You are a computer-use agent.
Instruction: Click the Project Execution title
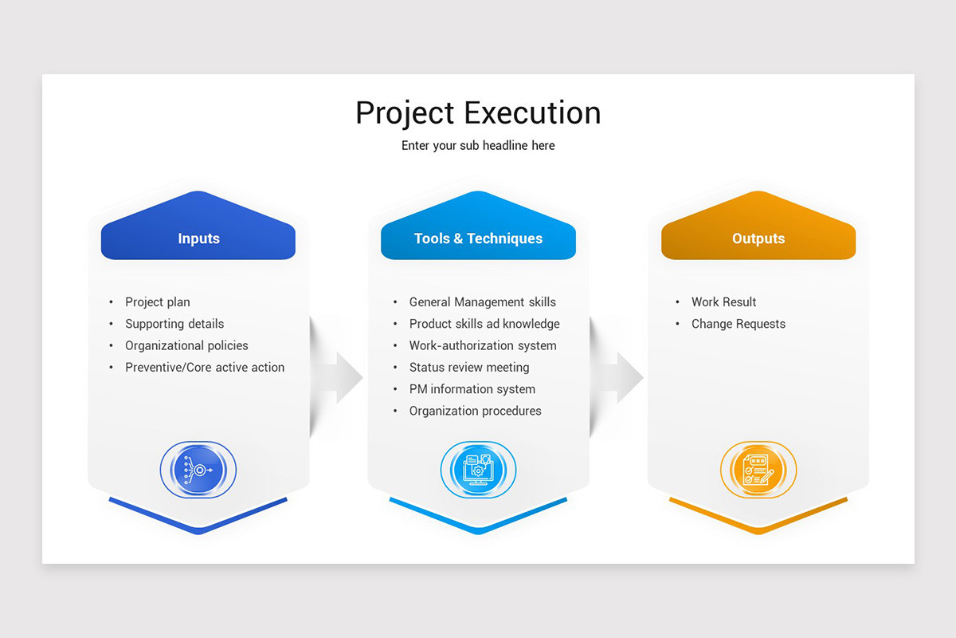(x=478, y=112)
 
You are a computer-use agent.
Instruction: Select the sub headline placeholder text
(x=478, y=146)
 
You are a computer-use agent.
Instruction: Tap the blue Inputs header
(x=198, y=238)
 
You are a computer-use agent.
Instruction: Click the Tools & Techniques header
(x=478, y=238)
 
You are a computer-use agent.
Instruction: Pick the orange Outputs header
(x=758, y=238)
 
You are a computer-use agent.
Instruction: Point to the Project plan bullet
(x=158, y=302)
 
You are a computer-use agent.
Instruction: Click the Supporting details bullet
(x=174, y=324)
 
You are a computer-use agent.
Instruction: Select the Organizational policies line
(x=186, y=345)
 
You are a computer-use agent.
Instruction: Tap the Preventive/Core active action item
(x=205, y=368)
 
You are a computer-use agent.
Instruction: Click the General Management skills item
(x=482, y=302)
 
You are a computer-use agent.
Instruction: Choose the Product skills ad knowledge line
(x=484, y=324)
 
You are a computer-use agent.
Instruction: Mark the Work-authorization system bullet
(x=483, y=345)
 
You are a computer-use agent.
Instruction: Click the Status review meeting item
(x=469, y=368)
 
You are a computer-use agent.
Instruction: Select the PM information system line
(x=472, y=389)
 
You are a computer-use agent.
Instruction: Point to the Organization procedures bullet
(x=475, y=411)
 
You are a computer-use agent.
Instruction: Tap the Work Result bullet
(x=723, y=302)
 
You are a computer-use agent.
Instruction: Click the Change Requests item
(x=738, y=324)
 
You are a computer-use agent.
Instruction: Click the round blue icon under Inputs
(x=198, y=470)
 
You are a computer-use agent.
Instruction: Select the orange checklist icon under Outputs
(x=758, y=470)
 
